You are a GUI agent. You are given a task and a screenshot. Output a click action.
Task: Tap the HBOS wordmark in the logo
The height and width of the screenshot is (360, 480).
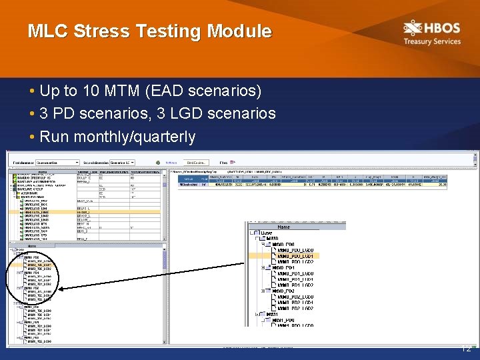tap(443, 28)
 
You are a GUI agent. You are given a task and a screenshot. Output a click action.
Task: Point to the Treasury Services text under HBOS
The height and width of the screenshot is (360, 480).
tap(431, 41)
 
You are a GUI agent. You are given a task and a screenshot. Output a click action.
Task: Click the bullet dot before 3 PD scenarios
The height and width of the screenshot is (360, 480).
tap(32, 114)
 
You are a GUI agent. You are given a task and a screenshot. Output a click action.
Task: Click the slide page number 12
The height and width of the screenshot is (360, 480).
tap(467, 348)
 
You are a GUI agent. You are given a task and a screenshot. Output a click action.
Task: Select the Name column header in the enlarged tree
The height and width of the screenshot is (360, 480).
tap(283, 227)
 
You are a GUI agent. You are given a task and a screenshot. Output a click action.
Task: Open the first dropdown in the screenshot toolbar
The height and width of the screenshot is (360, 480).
tap(57, 162)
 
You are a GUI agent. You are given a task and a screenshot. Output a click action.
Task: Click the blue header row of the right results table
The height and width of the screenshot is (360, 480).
tap(320, 179)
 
